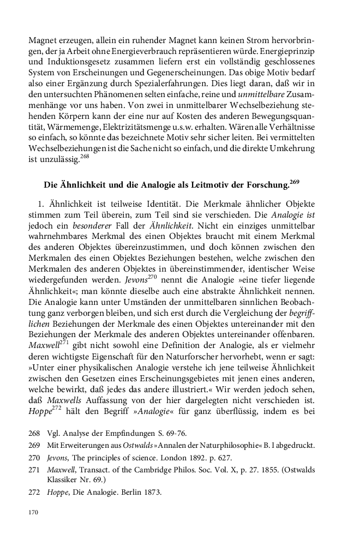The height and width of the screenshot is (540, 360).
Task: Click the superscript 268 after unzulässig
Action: coord(86,155)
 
